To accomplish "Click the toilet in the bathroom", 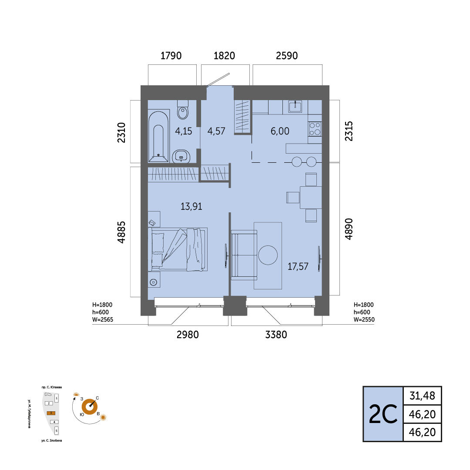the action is tap(182, 110).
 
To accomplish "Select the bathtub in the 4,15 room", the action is tap(158, 136).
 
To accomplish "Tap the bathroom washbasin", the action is tap(181, 156).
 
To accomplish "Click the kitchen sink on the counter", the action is tap(295, 106).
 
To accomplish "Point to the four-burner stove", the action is tap(315, 129).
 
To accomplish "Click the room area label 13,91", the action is tap(191, 206).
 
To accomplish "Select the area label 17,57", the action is tap(298, 266).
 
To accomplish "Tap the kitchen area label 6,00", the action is tap(280, 131).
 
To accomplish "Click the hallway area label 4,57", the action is tap(216, 131).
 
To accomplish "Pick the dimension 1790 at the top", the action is tap(171, 56).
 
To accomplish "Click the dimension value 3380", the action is tap(276, 335).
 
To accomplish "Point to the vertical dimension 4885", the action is tap(121, 232).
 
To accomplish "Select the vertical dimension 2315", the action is tap(349, 131).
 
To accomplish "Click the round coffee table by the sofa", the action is tap(268, 255).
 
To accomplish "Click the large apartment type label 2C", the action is tap(383, 414).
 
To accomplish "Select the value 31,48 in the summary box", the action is tap(422, 396).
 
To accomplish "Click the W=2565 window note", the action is tap(103, 319).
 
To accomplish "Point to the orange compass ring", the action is tap(90, 407).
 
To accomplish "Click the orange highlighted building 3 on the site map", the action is tap(51, 413).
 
